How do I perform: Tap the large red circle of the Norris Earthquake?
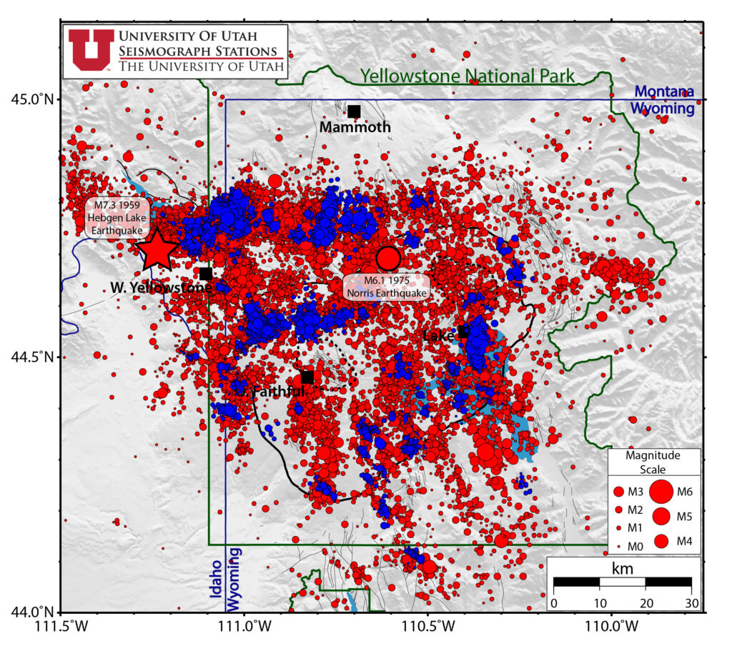click(x=387, y=257)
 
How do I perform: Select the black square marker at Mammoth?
click(x=354, y=111)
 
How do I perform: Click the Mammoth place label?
click(x=355, y=128)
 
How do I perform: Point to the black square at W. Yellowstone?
click(x=206, y=274)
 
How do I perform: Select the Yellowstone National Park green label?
click(x=467, y=76)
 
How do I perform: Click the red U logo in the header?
click(x=91, y=51)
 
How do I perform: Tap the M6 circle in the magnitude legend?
click(x=662, y=492)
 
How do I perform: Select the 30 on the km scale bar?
click(x=691, y=604)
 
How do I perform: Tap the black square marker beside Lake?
click(x=464, y=332)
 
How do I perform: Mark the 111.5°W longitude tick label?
click(x=61, y=627)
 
